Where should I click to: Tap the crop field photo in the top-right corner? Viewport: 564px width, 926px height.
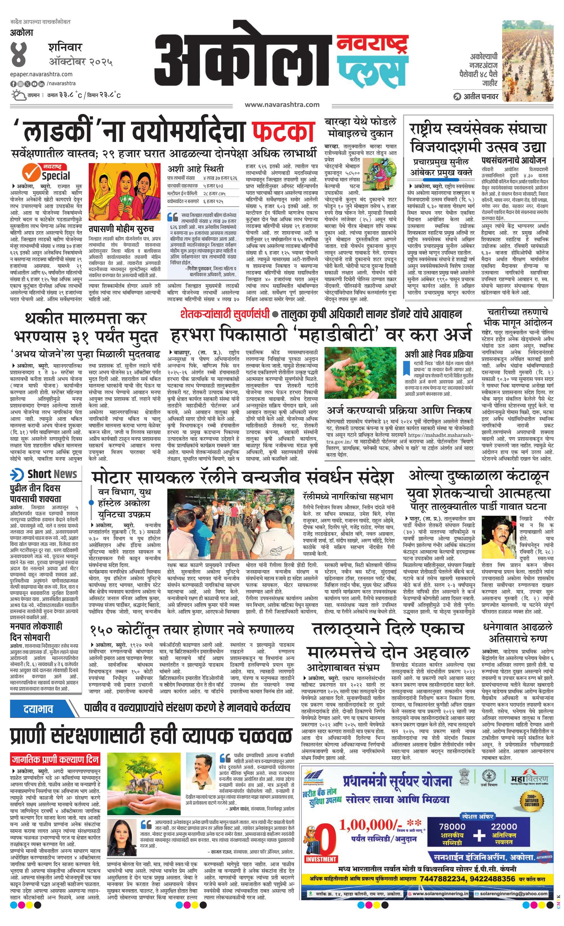[x=528, y=61]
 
